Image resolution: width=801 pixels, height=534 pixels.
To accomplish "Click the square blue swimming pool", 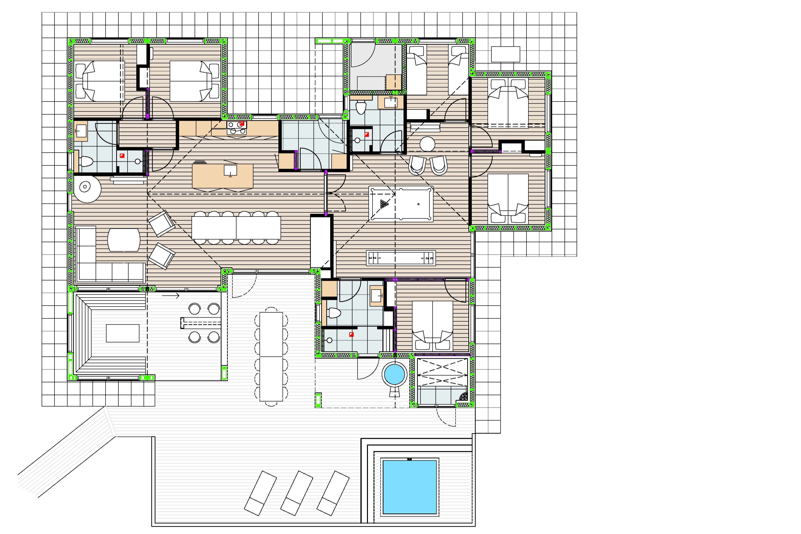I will [x=409, y=487].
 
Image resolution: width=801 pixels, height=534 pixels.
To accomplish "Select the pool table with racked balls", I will [x=401, y=204].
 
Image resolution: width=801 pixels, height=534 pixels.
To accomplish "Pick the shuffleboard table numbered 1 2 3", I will [x=401, y=258].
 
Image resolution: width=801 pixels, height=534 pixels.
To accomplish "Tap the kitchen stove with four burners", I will [x=237, y=128].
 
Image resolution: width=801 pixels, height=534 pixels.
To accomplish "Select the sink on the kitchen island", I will [x=230, y=170].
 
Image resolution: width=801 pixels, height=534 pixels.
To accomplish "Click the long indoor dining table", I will [x=236, y=228].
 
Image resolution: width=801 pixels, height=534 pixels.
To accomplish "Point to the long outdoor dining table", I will [x=271, y=357].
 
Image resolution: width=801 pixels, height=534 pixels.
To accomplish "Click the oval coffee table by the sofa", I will [x=124, y=240].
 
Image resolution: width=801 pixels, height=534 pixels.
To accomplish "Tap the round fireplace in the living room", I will [x=85, y=187].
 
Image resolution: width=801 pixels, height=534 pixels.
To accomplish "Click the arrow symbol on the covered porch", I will [x=171, y=296].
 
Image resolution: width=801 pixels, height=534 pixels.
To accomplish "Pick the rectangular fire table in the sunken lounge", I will [x=122, y=333].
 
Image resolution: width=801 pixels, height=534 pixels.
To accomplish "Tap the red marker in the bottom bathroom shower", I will [x=351, y=335].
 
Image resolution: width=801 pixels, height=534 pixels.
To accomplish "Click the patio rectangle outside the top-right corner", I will [x=505, y=54].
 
